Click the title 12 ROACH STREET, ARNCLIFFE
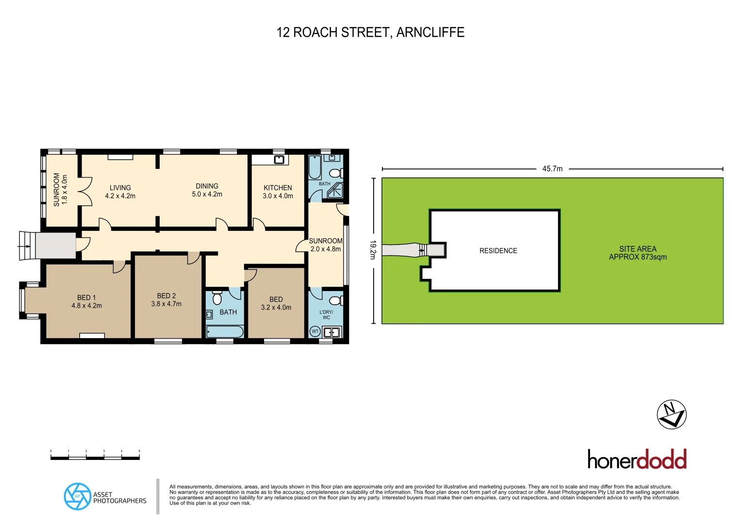click(370, 33)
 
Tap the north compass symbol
click(672, 414)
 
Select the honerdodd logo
click(637, 459)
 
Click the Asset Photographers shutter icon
click(77, 496)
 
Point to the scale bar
click(95, 457)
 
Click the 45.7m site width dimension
click(552, 169)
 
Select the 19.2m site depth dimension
click(373, 250)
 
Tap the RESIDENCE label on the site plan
click(498, 251)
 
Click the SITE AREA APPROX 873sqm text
click(638, 253)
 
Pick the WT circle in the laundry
click(315, 332)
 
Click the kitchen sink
click(279, 160)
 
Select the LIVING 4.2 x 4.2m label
click(120, 192)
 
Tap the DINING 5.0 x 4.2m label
click(207, 190)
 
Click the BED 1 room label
click(86, 301)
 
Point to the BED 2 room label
click(166, 300)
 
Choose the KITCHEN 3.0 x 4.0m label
click(278, 192)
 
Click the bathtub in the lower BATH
click(225, 332)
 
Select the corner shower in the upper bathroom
click(335, 191)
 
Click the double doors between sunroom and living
click(85, 191)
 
